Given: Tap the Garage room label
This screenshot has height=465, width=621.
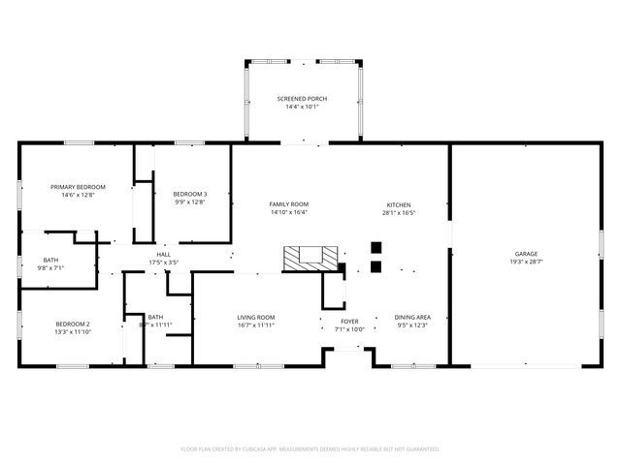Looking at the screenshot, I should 526,254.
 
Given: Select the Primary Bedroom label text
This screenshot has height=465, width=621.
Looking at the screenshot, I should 78,186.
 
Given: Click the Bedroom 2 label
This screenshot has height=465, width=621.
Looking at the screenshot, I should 72,324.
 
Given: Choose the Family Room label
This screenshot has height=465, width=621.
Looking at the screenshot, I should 288,204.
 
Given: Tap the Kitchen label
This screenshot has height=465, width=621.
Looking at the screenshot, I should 399,204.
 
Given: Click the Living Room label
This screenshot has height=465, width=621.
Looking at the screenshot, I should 256,317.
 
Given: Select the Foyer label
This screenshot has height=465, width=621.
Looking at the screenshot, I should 349,321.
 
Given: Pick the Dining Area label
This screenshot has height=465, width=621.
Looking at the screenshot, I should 412,317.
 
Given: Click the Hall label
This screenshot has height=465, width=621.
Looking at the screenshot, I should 164,255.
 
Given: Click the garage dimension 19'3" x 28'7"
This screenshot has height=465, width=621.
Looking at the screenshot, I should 526,263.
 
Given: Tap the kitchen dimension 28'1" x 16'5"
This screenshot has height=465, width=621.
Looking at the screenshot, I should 399,213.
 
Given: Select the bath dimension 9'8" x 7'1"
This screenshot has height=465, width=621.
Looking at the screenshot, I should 49,268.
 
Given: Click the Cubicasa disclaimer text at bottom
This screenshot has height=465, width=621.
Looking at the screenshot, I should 310,449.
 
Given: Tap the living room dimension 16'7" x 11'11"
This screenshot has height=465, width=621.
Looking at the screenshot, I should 256,325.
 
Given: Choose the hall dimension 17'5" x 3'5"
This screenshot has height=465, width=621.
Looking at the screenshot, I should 164,263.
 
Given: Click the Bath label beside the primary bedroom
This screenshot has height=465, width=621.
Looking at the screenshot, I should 49,260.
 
